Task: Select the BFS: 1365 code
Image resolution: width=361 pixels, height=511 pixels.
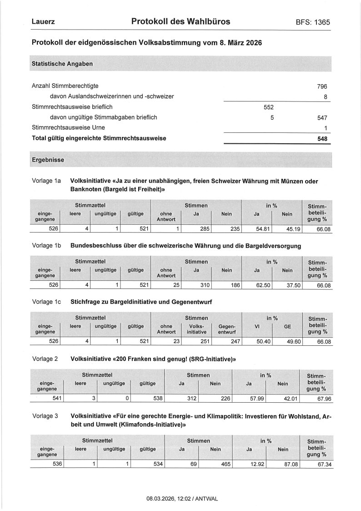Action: (x=312, y=22)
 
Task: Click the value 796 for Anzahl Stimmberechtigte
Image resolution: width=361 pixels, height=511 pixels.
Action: (x=322, y=86)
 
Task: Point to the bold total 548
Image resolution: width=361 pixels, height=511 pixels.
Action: (x=322, y=138)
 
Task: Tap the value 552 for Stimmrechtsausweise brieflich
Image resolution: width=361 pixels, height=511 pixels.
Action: (x=269, y=107)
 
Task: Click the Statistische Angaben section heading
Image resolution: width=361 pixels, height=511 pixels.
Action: (x=62, y=64)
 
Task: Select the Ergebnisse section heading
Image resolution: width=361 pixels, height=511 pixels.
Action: (x=48, y=160)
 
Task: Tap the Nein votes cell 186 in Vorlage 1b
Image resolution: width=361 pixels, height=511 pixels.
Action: (x=232, y=285)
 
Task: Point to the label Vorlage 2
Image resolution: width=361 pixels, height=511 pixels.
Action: (x=45, y=359)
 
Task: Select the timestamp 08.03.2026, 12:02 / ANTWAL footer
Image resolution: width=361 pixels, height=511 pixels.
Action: (x=182, y=499)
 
